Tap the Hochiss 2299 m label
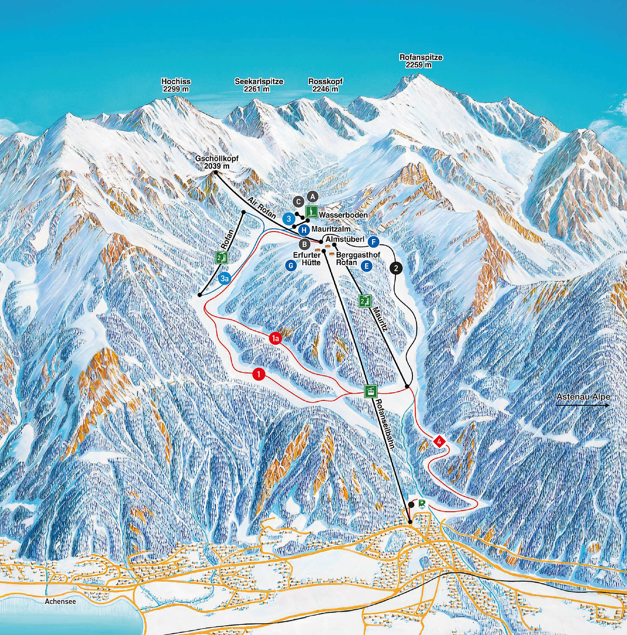tap(176, 85)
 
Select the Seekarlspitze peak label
tap(259, 85)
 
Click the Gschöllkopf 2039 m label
tap(216, 162)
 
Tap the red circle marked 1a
tap(276, 338)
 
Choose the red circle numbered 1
tap(259, 374)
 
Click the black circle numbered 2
tap(396, 268)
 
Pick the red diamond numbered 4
tap(440, 441)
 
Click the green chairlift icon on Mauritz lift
tap(365, 300)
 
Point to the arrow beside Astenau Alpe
tap(582, 406)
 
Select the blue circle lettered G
tap(290, 265)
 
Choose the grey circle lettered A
tap(312, 197)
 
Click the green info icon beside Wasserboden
tap(311, 211)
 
